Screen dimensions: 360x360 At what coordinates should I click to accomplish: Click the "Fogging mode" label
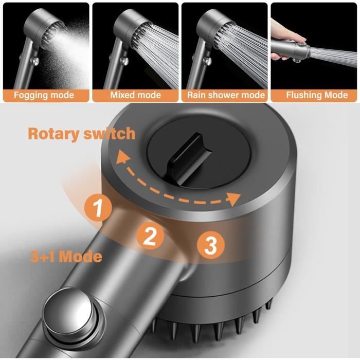click(44, 95)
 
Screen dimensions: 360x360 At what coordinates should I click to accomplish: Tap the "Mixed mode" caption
click(135, 95)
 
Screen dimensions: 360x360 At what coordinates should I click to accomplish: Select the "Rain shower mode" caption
click(226, 95)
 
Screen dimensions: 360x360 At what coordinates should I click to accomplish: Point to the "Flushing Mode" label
click(317, 95)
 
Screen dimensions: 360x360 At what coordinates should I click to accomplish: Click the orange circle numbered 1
click(98, 208)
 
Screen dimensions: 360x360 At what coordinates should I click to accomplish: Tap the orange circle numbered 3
click(211, 245)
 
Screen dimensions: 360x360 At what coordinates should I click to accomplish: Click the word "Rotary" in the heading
click(53, 134)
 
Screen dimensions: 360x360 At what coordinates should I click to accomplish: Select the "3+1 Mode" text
click(66, 257)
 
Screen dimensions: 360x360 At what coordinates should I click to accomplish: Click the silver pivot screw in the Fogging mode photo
click(35, 61)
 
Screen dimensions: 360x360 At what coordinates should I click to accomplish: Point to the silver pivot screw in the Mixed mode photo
click(124, 61)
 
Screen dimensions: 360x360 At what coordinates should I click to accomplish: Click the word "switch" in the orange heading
click(109, 133)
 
